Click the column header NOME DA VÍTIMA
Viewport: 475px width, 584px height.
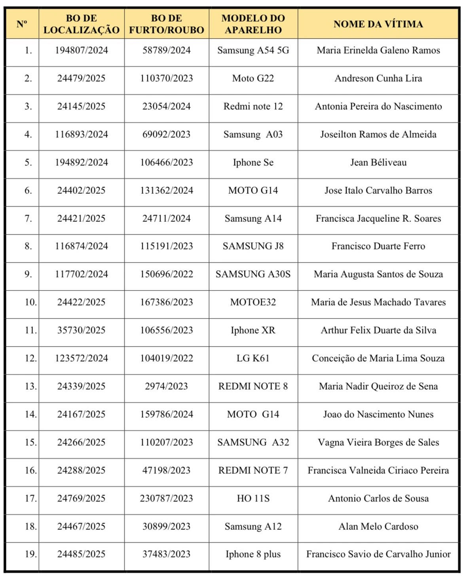pos(378,24)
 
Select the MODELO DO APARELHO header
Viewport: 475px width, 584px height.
pos(253,24)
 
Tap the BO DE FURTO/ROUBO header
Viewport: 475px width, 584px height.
pos(166,24)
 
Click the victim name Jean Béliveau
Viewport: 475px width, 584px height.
pos(378,163)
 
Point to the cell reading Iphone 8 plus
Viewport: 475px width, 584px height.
pos(253,554)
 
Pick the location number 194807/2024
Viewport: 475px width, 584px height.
pos(81,50)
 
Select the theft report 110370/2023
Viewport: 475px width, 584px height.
pos(166,78)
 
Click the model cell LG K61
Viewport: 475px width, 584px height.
pos(253,358)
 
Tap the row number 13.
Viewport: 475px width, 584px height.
pos(30,386)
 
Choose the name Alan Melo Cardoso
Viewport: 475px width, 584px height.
pos(378,526)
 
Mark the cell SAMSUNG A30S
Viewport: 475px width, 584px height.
pos(253,274)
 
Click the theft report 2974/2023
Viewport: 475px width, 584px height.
pos(166,386)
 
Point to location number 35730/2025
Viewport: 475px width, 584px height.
pos(81,330)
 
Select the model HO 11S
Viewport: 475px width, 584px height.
pos(253,498)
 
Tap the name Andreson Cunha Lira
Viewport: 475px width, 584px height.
pos(378,78)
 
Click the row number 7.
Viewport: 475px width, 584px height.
pos(28,219)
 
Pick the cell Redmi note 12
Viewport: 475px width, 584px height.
pos(253,106)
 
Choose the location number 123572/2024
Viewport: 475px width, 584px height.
pos(81,358)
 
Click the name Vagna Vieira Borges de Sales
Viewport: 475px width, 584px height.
pos(378,442)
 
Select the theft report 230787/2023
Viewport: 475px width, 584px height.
pos(166,498)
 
